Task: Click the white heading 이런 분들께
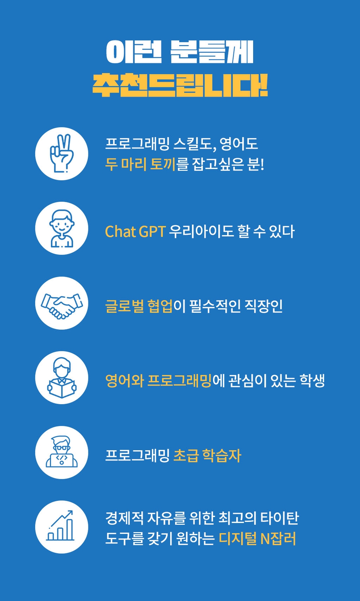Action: tap(180, 52)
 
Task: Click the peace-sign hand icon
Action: tap(62, 153)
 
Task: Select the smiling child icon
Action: tap(62, 228)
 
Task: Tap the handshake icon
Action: tap(62, 306)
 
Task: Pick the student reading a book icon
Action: tap(62, 378)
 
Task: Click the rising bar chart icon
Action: tap(60, 526)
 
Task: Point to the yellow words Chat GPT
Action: tap(135, 232)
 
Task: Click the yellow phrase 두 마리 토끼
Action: tap(140, 164)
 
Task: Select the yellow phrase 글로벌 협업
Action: tap(139, 306)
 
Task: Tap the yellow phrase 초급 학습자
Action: tap(207, 455)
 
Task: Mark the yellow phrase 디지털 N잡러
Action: tap(258, 538)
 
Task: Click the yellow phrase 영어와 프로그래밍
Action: tap(158, 381)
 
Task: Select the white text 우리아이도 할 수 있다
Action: tap(232, 232)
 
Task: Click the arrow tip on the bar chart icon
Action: tap(72, 511)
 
